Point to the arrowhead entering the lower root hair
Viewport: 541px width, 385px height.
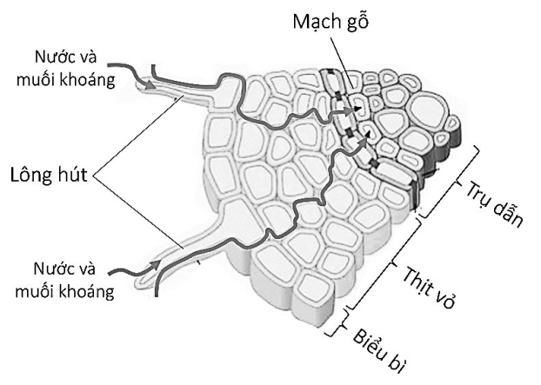tap(153, 262)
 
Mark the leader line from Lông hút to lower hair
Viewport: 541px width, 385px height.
tap(139, 217)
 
